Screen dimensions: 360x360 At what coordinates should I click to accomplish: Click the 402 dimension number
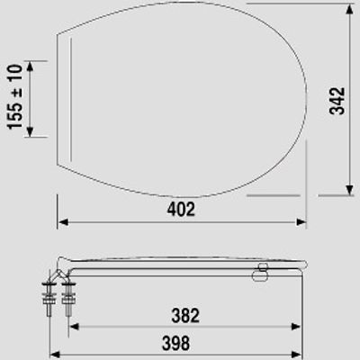(x=181, y=209)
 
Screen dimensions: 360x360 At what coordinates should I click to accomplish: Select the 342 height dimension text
(x=337, y=101)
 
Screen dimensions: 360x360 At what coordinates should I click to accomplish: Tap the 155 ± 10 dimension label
(x=15, y=97)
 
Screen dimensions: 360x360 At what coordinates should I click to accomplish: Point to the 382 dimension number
(x=185, y=316)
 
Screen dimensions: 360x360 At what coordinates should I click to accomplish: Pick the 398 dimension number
(x=175, y=343)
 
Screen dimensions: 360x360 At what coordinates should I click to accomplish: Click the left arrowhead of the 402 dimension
(x=63, y=222)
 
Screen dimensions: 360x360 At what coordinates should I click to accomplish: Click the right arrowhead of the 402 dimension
(x=301, y=222)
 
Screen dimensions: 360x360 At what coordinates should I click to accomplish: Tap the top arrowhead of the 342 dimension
(x=349, y=10)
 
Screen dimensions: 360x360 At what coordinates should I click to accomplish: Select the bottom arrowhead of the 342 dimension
(x=349, y=190)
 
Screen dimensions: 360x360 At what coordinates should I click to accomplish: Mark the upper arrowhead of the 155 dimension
(x=30, y=67)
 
